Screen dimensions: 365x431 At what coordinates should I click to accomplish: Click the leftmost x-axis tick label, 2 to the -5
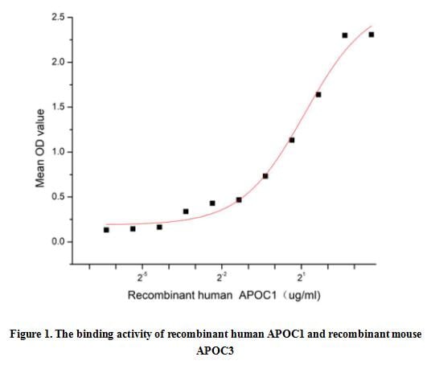tap(142, 277)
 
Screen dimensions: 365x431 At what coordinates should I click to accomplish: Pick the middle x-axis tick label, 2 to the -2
tap(221, 277)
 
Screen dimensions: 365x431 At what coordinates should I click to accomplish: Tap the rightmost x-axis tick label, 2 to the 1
tap(300, 277)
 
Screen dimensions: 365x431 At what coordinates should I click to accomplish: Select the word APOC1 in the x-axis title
tap(257, 296)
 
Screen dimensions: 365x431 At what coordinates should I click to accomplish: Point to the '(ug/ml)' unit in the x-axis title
tap(301, 296)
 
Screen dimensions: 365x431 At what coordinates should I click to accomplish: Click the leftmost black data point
tap(106, 230)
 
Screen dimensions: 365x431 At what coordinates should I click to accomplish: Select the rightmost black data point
tap(371, 35)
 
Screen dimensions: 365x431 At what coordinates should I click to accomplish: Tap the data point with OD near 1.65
tap(318, 95)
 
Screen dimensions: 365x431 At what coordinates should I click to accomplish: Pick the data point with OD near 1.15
tap(292, 140)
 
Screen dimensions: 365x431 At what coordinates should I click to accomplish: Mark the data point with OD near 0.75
tap(265, 176)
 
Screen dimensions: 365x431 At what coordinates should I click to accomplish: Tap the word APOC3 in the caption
tap(215, 351)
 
